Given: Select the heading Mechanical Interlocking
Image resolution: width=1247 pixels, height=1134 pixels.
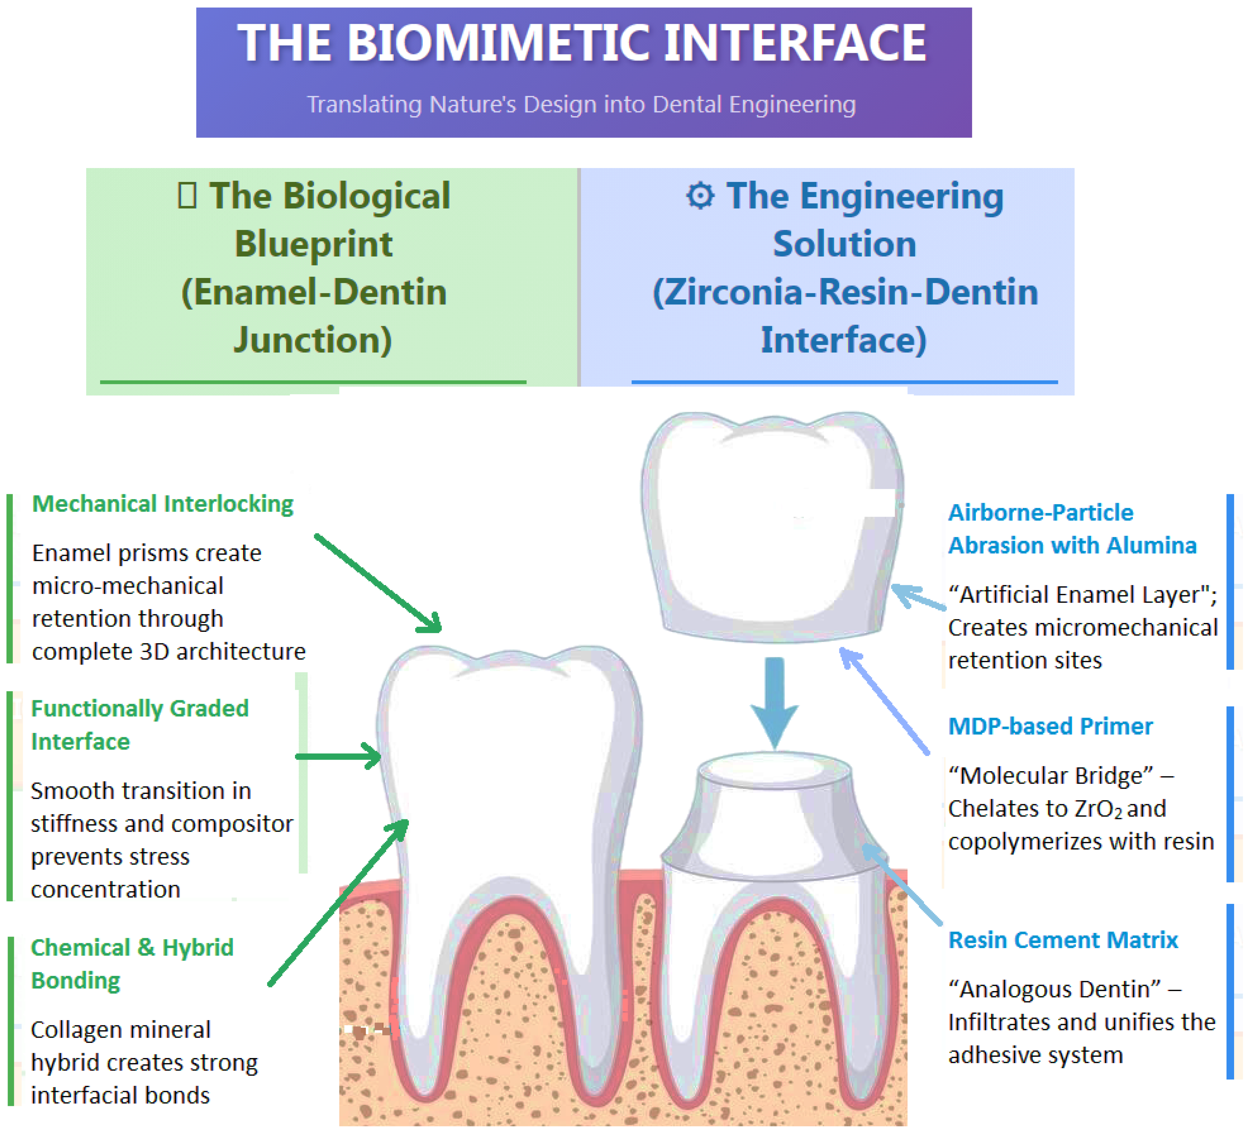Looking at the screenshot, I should tap(163, 504).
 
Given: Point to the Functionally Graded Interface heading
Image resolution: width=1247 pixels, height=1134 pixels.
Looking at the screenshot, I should tap(140, 725).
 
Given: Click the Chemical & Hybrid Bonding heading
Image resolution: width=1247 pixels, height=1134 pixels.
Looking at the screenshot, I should tap(132, 963).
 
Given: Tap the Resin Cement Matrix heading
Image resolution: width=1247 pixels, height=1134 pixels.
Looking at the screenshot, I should tap(1063, 940).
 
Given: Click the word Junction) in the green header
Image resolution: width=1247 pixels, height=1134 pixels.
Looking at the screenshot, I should tap(312, 340).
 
